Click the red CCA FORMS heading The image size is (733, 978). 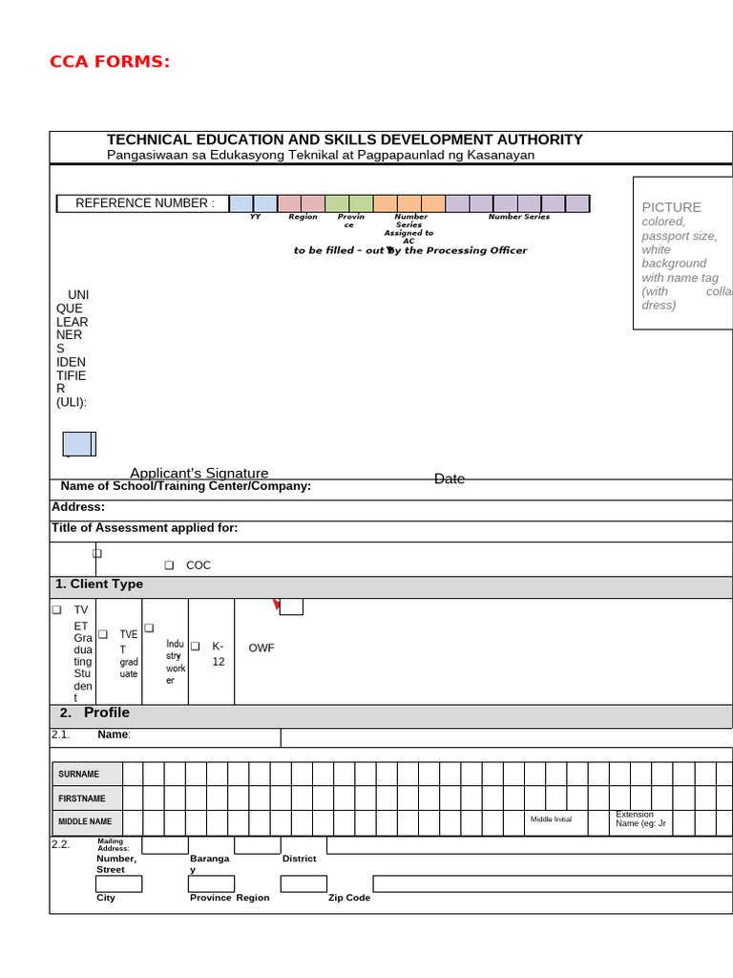click(x=110, y=63)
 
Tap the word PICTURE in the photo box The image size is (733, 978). click(x=671, y=207)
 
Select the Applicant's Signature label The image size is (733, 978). click(x=199, y=473)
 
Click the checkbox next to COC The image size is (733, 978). click(x=168, y=565)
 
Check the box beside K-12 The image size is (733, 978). click(x=195, y=647)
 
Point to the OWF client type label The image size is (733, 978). click(x=262, y=648)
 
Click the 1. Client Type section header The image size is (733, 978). click(x=99, y=585)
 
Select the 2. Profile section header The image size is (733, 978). click(x=94, y=712)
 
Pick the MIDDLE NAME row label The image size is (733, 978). click(x=85, y=821)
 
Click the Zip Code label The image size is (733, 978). click(x=349, y=898)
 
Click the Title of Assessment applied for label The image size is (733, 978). click(x=145, y=528)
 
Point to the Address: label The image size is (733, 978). click(x=78, y=507)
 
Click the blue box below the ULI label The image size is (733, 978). click(x=77, y=444)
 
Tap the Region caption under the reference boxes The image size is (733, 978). click(x=303, y=217)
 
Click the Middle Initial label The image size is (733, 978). click(x=551, y=819)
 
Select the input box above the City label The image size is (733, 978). click(x=118, y=883)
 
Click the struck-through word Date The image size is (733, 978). click(x=450, y=478)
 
